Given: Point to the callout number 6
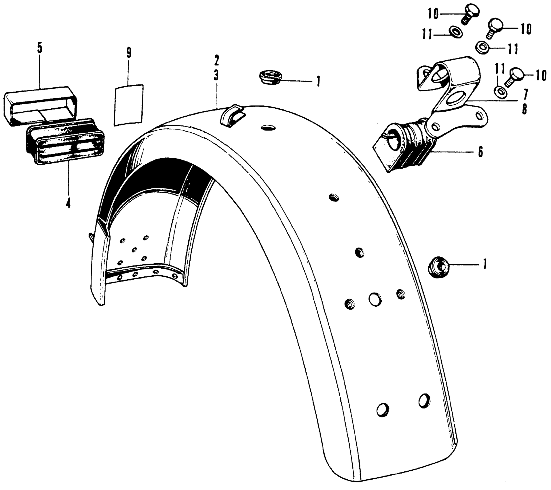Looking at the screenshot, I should pyautogui.click(x=480, y=152).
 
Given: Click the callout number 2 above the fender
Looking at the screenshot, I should pyautogui.click(x=216, y=61).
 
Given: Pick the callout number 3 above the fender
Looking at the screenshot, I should pyautogui.click(x=216, y=76).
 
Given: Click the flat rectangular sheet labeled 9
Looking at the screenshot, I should pyautogui.click(x=129, y=105).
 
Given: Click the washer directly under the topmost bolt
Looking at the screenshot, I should pyautogui.click(x=455, y=31).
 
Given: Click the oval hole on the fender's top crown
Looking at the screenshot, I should pyautogui.click(x=268, y=127).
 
